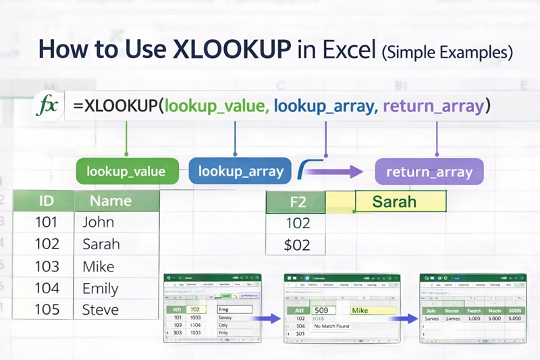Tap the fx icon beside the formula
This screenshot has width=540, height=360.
[48, 106]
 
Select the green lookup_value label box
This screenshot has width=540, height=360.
[126, 172]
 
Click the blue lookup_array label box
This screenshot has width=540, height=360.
[240, 172]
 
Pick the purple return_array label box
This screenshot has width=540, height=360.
[429, 172]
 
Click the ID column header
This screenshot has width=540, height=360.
[47, 201]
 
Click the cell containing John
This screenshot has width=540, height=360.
[99, 222]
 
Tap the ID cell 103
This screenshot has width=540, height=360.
[47, 266]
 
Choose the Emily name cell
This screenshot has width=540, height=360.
[101, 288]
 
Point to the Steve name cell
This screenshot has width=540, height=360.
[101, 310]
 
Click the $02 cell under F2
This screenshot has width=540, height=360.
[297, 245]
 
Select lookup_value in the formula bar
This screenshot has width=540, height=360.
[216, 106]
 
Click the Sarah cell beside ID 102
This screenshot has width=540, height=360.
[101, 244]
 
